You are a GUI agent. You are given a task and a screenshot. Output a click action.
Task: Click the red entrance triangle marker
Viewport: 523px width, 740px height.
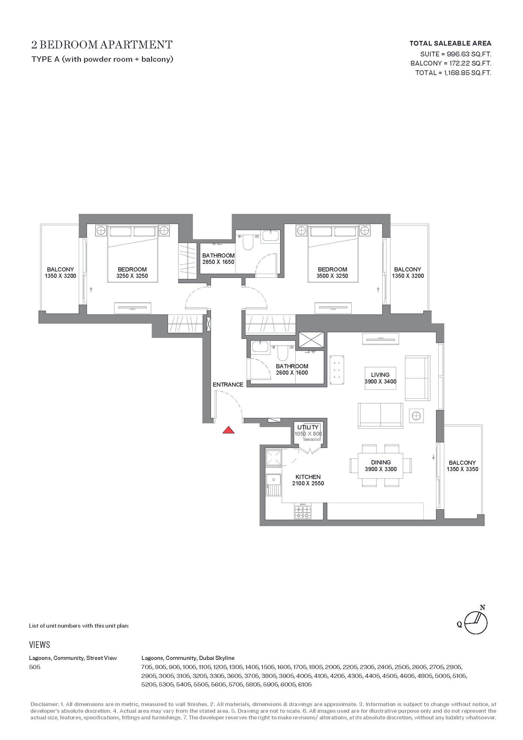click(228, 430)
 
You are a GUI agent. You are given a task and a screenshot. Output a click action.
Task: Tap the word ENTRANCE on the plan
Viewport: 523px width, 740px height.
click(228, 385)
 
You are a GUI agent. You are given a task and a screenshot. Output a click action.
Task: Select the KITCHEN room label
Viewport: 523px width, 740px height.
click(308, 477)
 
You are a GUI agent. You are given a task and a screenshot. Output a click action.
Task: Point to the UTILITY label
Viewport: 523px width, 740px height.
click(308, 427)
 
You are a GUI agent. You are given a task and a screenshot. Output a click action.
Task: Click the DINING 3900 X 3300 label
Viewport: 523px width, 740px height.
click(381, 466)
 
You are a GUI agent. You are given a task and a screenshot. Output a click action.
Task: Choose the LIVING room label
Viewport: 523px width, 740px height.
click(380, 375)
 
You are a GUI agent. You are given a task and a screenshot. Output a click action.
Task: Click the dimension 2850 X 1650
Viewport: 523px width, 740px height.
click(218, 262)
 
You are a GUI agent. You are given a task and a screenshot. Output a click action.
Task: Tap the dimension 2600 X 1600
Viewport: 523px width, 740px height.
click(292, 373)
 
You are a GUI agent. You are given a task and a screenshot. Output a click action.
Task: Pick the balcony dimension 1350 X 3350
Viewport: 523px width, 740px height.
click(462, 469)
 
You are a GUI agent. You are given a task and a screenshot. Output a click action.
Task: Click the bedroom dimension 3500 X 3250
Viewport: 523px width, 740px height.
click(332, 276)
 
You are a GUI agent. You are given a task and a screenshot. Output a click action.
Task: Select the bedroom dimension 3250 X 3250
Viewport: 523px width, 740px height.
click(132, 276)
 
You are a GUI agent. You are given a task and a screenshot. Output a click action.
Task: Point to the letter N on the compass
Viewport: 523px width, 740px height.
click(482, 608)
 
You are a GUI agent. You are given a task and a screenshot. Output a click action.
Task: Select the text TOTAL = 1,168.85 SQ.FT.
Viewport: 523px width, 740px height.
click(453, 73)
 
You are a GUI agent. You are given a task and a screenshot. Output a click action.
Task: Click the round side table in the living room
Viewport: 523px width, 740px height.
click(416, 416)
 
